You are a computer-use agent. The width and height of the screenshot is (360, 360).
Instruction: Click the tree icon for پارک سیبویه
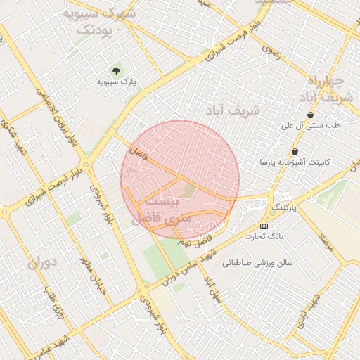tap(116, 70)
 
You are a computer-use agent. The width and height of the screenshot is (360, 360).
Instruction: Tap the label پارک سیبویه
tap(116, 82)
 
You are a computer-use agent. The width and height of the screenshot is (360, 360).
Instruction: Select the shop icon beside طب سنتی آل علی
tap(310, 115)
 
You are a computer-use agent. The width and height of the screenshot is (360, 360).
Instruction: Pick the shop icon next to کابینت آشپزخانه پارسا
tap(295, 151)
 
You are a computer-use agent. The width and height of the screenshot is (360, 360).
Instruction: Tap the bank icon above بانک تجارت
tap(264, 225)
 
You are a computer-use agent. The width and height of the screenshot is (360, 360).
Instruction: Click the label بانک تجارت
tap(264, 236)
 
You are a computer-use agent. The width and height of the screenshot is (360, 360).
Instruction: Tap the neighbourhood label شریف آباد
tap(233, 110)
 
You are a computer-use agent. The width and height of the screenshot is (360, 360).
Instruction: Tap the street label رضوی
tap(271, 50)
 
